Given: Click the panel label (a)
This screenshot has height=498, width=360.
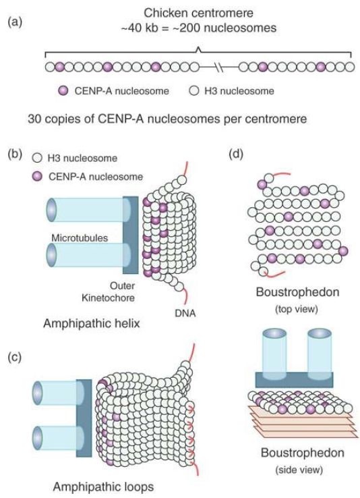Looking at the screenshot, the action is click(16, 22).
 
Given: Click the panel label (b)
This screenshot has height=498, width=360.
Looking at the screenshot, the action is click(16, 154).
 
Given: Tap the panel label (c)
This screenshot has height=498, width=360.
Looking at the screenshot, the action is click(16, 357).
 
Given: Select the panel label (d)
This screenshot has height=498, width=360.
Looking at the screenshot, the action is click(236, 154).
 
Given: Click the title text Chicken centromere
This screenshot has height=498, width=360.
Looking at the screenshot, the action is click(199, 13).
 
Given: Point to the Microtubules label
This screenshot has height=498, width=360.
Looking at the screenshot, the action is click(80, 238).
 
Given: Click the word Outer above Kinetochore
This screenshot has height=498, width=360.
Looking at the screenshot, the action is click(123, 286).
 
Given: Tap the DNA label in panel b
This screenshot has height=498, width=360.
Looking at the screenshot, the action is click(185, 313).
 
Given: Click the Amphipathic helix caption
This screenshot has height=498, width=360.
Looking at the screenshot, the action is click(91, 323).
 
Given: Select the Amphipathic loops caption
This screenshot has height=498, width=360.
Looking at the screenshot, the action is click(103, 487).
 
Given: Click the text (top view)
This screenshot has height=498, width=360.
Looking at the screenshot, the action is click(297, 308).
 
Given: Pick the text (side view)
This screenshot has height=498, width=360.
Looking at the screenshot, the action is click(299, 470).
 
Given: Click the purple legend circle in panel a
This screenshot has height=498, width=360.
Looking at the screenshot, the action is click(63, 91).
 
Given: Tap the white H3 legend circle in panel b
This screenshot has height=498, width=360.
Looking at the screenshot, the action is click(38, 158).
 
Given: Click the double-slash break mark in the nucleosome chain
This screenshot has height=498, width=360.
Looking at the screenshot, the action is click(219, 67).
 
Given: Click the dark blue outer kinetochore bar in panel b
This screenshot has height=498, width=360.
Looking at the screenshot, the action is click(131, 235).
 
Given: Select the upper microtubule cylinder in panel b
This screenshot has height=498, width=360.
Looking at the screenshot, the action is click(88, 210).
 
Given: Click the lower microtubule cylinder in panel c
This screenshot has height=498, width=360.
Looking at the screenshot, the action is click(58, 438).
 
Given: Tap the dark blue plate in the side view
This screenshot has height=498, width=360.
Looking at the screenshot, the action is click(295, 379).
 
